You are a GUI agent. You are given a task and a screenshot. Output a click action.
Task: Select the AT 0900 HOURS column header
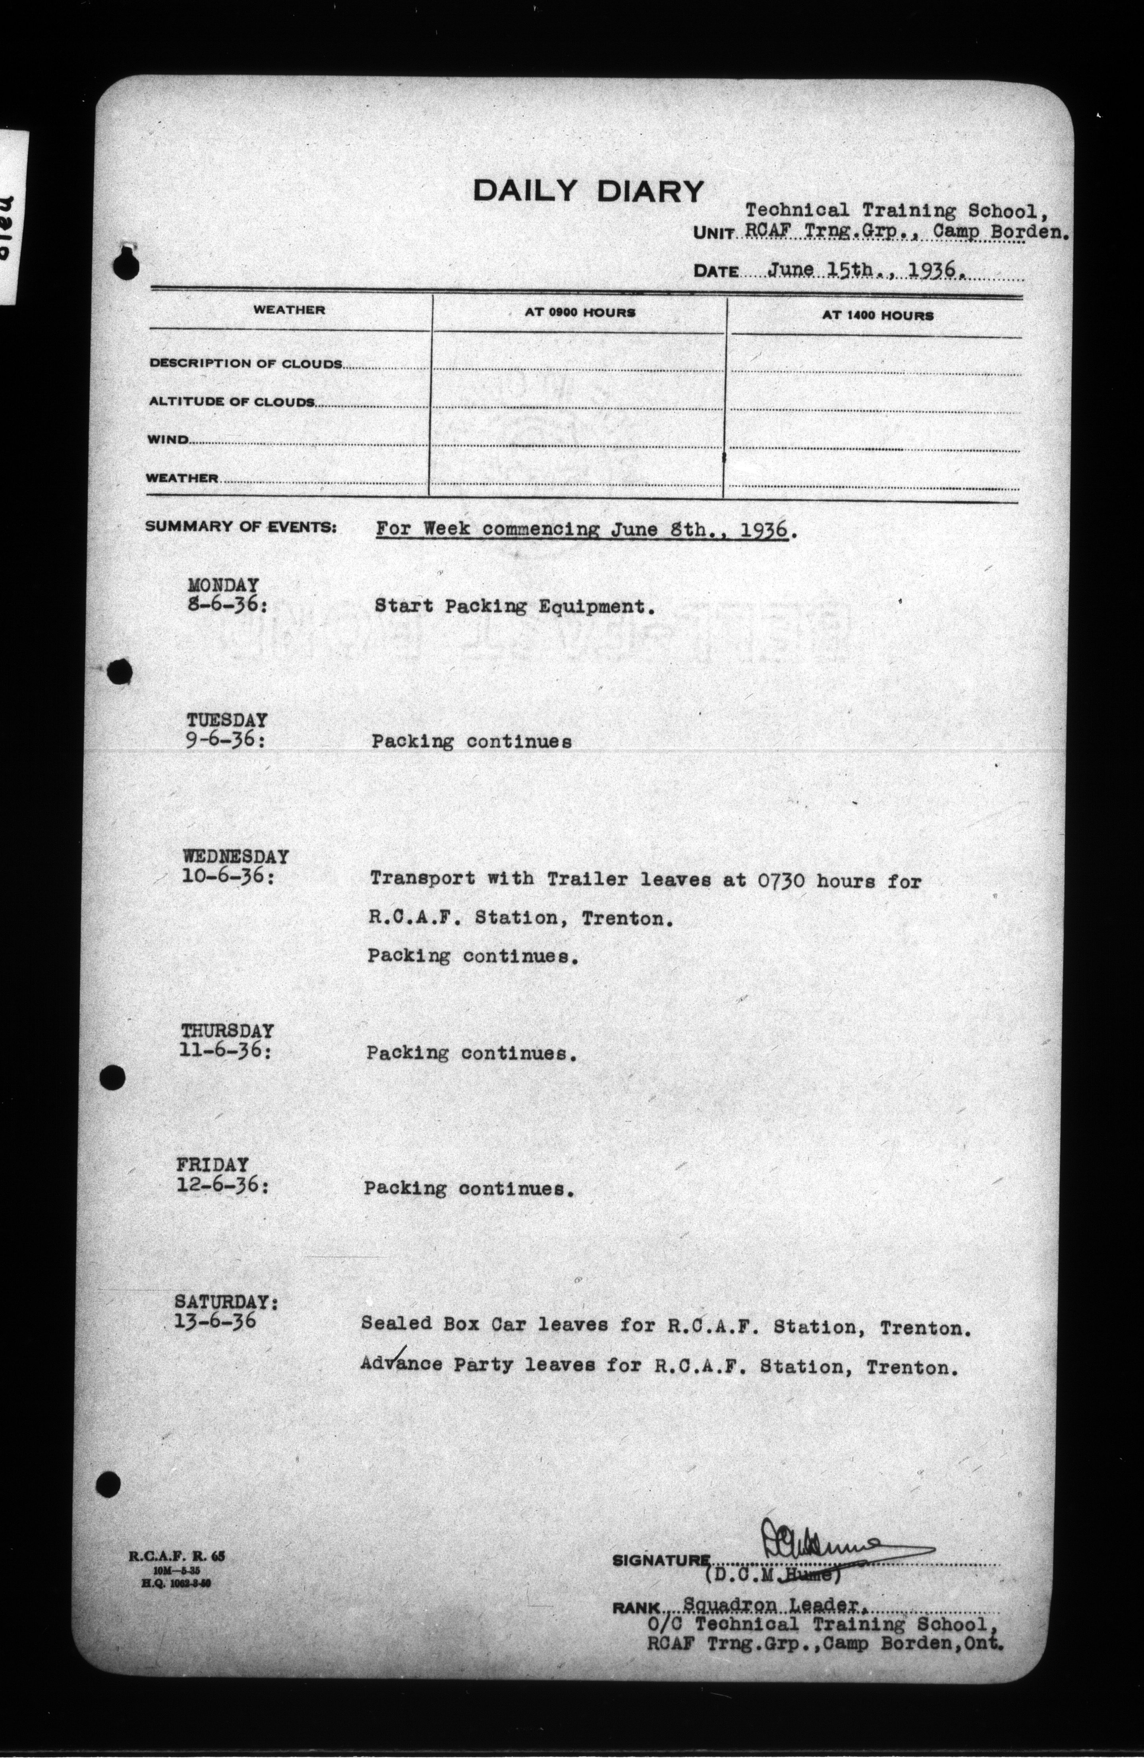click(x=580, y=313)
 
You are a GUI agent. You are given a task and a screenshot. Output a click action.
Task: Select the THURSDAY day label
click(x=227, y=1031)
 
